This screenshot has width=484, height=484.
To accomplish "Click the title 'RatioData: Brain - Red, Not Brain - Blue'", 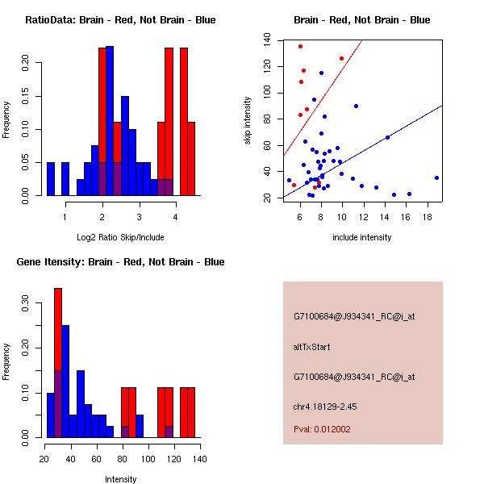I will (x=119, y=20).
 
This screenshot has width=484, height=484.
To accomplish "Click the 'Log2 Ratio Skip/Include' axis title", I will (x=119, y=237).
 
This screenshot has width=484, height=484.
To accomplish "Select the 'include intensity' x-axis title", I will (x=362, y=237).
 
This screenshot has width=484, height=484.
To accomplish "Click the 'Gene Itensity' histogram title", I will (x=119, y=262).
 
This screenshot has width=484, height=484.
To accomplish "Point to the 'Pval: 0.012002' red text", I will (x=322, y=429).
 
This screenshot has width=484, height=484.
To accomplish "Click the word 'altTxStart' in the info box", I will (x=312, y=347).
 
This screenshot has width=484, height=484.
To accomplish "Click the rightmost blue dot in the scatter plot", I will (x=436, y=177).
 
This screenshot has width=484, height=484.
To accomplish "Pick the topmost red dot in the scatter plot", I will (x=300, y=46).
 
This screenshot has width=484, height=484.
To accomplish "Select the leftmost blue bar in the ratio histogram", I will (x=51, y=178).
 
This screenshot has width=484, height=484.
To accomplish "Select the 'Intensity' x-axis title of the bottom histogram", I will (x=121, y=479).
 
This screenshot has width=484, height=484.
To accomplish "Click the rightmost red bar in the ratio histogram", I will (x=191, y=158).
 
